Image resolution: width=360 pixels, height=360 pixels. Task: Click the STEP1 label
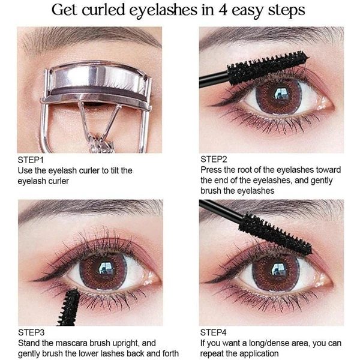(x=31, y=160)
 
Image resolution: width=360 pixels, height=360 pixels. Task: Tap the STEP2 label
(x=214, y=159)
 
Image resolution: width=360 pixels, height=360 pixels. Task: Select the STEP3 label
(x=31, y=332)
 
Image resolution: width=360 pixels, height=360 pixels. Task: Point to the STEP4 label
(x=213, y=332)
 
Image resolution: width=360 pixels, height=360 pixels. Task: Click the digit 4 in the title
(x=223, y=11)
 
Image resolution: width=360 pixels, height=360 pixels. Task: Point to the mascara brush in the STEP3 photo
(x=69, y=307)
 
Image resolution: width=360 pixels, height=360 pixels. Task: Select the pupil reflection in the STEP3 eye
(x=106, y=267)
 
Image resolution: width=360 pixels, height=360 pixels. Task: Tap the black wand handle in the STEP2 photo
(x=214, y=79)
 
